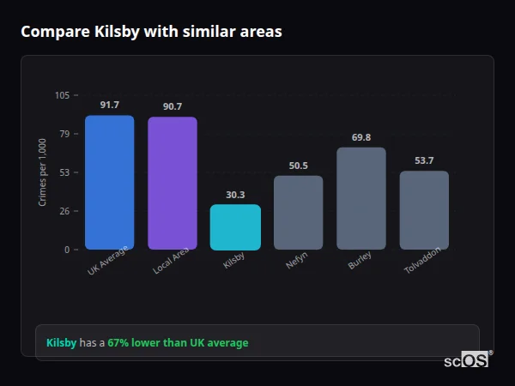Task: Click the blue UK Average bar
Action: pyautogui.click(x=109, y=183)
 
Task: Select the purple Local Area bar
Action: pyautogui.click(x=172, y=184)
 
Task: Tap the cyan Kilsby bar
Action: pyautogui.click(x=235, y=227)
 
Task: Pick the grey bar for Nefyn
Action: pyautogui.click(x=298, y=213)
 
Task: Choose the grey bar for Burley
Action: pyautogui.click(x=360, y=198)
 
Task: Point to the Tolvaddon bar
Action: pyautogui.click(x=424, y=210)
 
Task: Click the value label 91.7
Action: pyautogui.click(x=109, y=105)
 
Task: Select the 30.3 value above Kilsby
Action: pyautogui.click(x=235, y=195)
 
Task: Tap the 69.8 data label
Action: pyautogui.click(x=360, y=137)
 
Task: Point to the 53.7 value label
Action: pyautogui.click(x=424, y=160)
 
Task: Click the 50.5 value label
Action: pyautogui.click(x=298, y=166)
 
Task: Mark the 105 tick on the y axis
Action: pyautogui.click(x=62, y=95)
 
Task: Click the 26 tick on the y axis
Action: pyautogui.click(x=64, y=211)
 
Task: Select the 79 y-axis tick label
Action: pyautogui.click(x=64, y=134)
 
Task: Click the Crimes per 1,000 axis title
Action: pyautogui.click(x=43, y=172)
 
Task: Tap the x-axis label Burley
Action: pyautogui.click(x=360, y=262)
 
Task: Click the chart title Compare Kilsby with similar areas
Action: pyautogui.click(x=151, y=32)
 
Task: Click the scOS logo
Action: pyautogui.click(x=467, y=360)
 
